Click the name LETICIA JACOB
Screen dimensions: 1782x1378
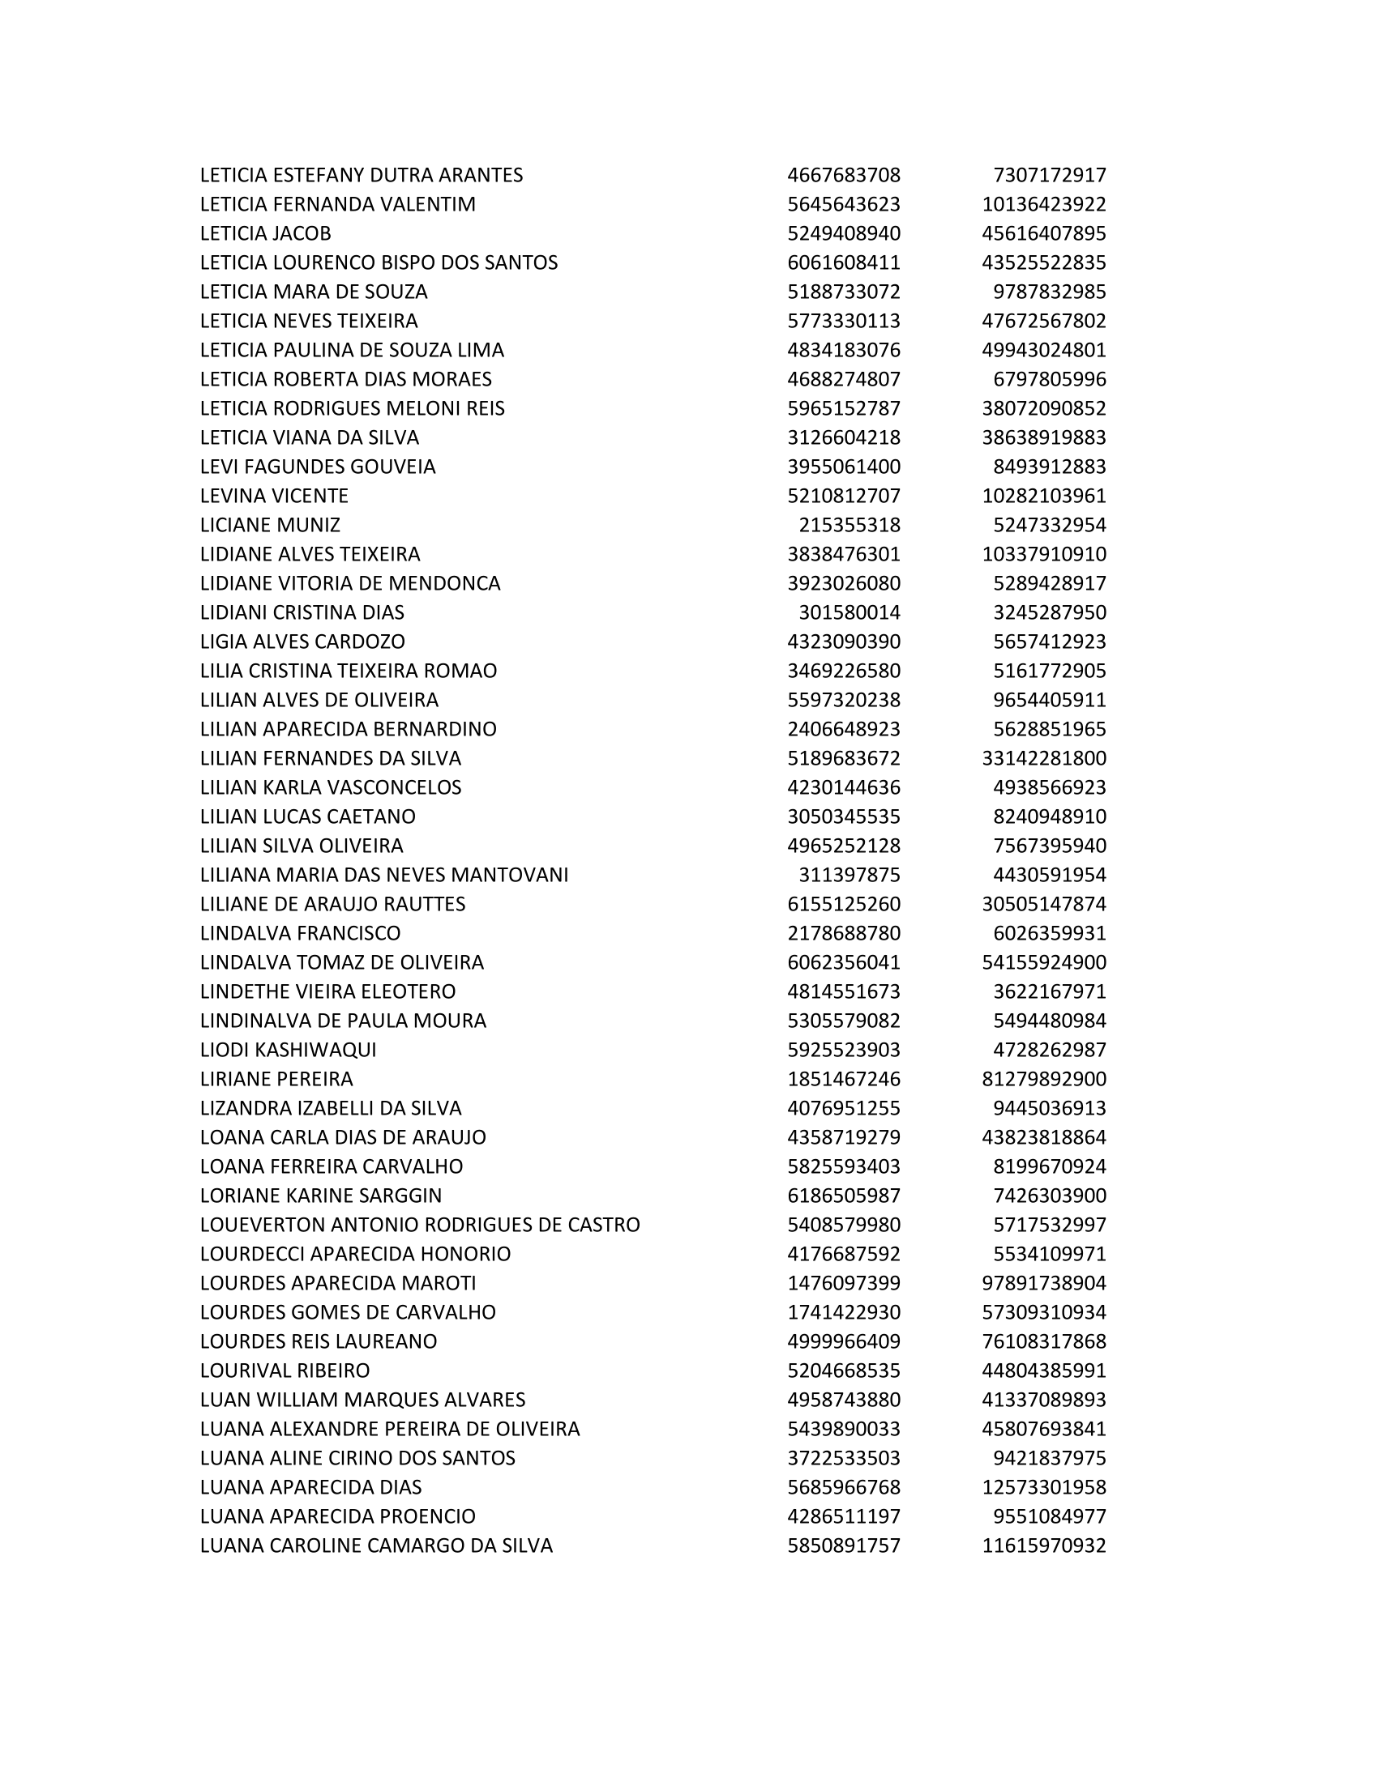(265, 233)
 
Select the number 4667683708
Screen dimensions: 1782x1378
(843, 176)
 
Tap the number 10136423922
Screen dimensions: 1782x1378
(1043, 204)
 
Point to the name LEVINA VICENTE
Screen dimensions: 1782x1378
(274, 496)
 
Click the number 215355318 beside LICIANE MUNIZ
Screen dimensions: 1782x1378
(849, 525)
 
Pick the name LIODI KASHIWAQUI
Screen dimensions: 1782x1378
(289, 1050)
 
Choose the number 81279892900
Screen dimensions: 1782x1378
(1043, 1079)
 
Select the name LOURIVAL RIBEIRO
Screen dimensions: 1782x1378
(285, 1371)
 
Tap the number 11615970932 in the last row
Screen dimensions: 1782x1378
(1043, 1545)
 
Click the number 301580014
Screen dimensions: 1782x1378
(849, 613)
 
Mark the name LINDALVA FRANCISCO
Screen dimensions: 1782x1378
(301, 933)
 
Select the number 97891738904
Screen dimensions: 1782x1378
(1043, 1283)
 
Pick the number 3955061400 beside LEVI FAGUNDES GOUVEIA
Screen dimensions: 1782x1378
(843, 467)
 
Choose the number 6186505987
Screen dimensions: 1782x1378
(843, 1196)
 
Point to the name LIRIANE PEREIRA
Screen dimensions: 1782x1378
(276, 1079)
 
